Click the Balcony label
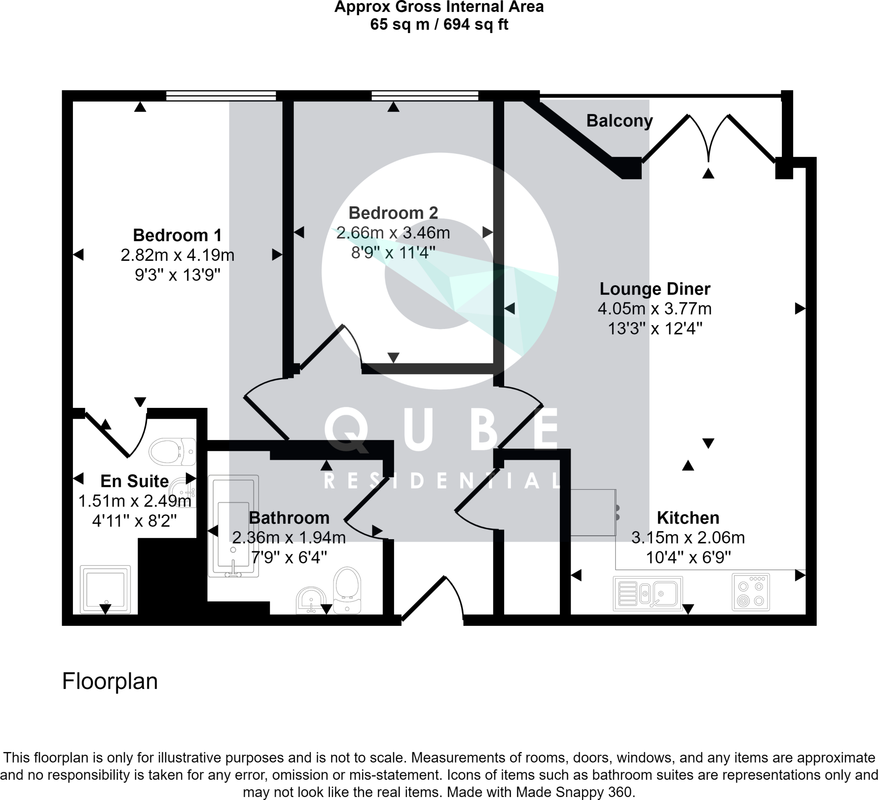619,121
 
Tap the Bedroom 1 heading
177,235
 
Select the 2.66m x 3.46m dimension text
393,232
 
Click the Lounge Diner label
655,289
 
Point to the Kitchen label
688,518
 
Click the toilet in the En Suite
172,452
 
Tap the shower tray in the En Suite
105,589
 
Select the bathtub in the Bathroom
234,526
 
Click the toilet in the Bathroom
347,590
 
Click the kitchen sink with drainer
648,593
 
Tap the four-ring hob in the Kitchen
750,592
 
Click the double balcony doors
709,137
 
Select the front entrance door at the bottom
432,599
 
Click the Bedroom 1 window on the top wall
221,95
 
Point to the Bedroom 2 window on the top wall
424,95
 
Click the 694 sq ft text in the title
475,24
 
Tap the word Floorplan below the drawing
110,681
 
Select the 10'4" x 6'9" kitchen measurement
688,557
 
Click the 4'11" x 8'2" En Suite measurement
134,521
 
